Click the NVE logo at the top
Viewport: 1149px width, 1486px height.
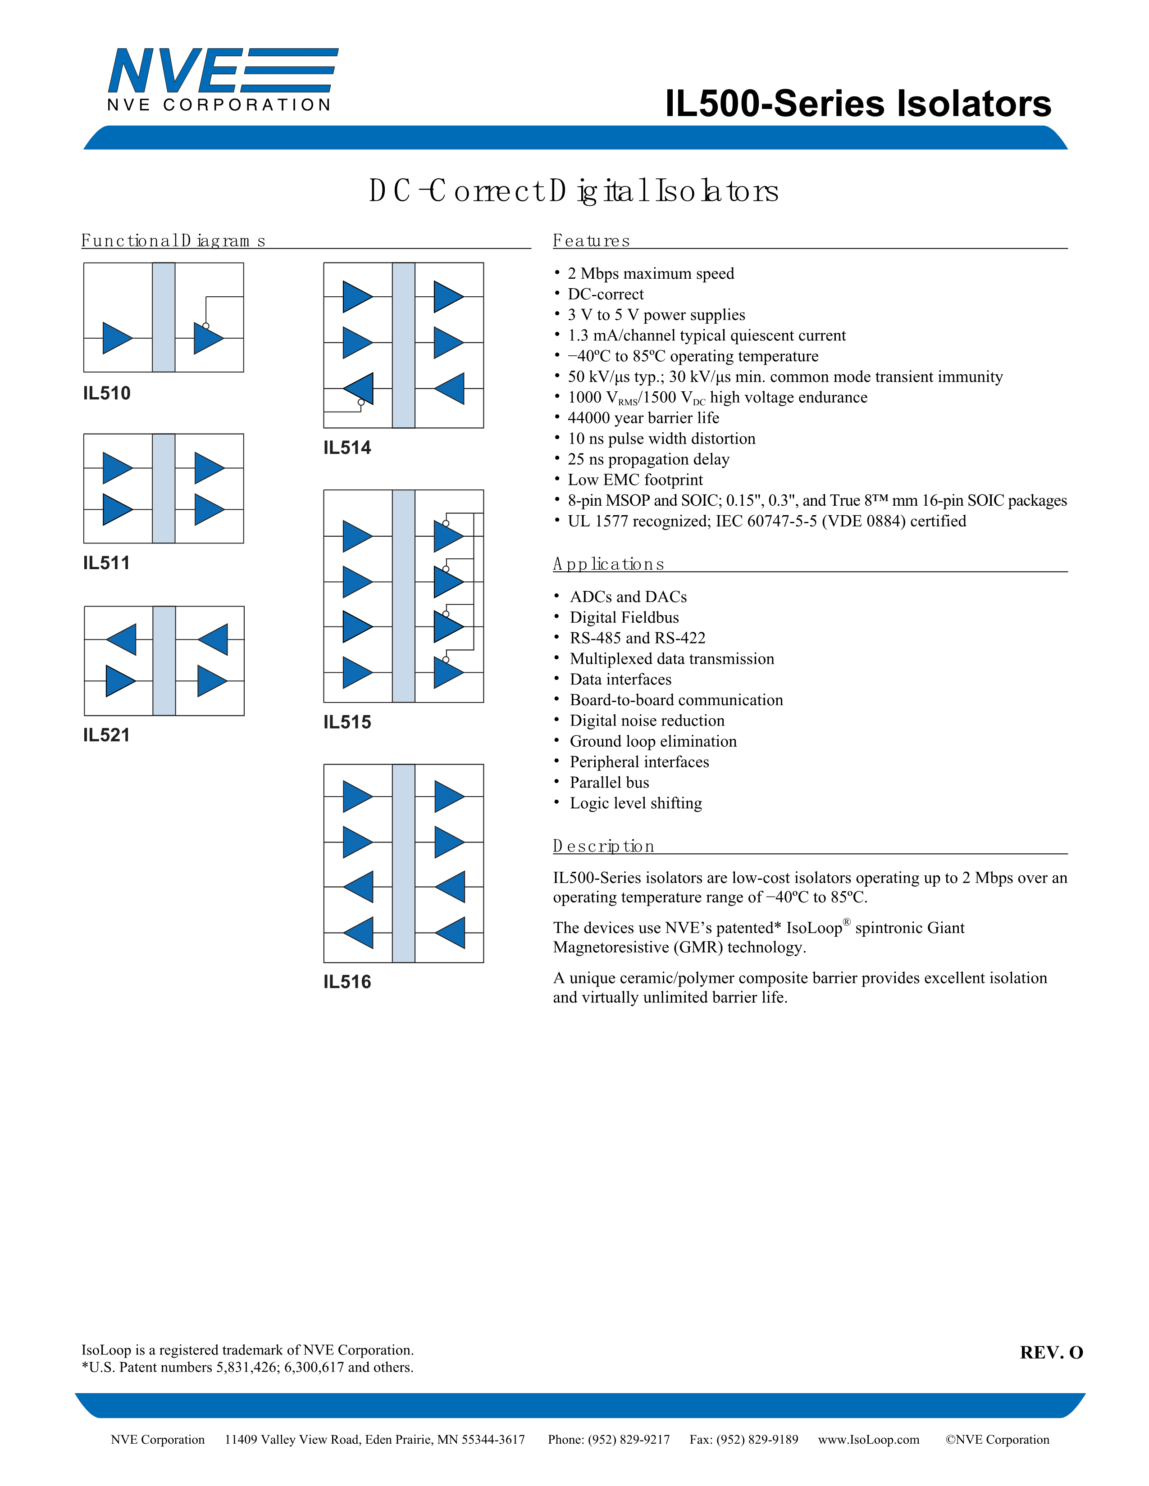pos(222,79)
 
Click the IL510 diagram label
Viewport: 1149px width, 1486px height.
pos(107,393)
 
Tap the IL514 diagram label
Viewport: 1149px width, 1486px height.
pos(347,448)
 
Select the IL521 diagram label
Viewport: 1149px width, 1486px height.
pos(106,735)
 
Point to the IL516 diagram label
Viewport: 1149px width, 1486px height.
pos(347,982)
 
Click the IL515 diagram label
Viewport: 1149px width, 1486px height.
pos(347,722)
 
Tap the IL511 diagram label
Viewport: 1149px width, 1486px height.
pos(106,563)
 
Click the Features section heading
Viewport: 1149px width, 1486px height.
pos(591,241)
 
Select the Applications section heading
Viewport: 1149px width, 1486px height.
pos(608,564)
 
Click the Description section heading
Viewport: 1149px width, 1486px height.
pos(603,847)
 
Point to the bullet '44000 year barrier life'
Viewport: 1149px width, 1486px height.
pos(643,418)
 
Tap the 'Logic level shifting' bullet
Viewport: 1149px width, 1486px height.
pos(636,803)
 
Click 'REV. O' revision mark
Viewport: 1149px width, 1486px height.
pos(1051,1353)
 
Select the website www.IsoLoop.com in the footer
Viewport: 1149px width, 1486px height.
pos(869,1440)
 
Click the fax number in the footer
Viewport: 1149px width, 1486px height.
pos(743,1440)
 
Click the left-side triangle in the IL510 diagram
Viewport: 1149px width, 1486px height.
pos(116,338)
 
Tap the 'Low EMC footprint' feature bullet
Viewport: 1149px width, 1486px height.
pos(635,480)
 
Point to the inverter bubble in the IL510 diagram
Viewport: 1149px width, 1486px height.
pos(205,326)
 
